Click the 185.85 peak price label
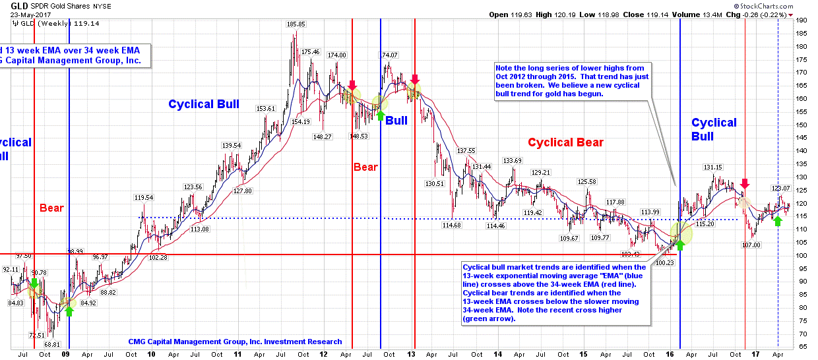click(296, 24)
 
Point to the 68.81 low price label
click(53, 344)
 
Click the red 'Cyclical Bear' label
click(565, 142)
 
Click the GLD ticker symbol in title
click(18, 5)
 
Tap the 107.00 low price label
click(751, 245)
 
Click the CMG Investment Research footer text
click(235, 342)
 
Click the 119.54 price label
click(144, 197)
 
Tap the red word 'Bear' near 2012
click(365, 167)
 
